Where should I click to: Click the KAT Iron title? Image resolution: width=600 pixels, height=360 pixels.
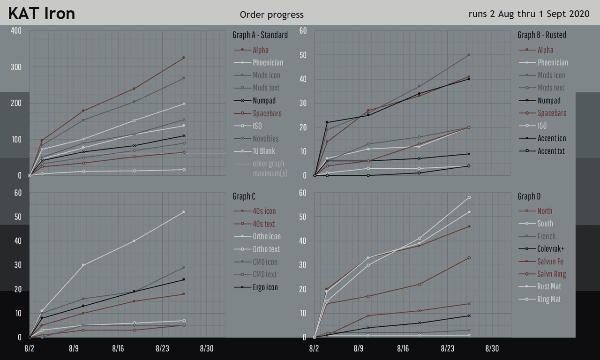click(42, 14)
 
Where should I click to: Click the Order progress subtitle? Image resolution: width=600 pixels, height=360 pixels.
click(271, 15)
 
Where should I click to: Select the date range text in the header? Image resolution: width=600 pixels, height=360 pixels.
click(529, 14)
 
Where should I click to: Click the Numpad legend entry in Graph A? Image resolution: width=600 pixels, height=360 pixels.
click(264, 100)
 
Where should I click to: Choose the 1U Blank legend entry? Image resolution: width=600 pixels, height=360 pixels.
click(264, 151)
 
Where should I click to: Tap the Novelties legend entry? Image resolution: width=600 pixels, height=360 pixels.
click(265, 138)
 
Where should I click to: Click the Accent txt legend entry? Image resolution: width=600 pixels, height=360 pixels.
click(551, 151)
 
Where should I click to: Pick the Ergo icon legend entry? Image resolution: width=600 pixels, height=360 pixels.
click(265, 287)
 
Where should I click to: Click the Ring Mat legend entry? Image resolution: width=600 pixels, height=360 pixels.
click(549, 299)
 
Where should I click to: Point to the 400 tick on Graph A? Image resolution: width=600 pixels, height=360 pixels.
click(16, 31)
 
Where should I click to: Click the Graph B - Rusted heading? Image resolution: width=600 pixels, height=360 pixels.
click(541, 35)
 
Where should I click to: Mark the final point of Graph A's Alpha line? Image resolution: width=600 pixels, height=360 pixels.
click(183, 58)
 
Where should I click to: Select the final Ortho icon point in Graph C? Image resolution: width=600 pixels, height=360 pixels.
click(183, 212)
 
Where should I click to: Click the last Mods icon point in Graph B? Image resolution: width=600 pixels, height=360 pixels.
click(468, 55)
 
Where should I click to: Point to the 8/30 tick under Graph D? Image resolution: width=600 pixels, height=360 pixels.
click(491, 349)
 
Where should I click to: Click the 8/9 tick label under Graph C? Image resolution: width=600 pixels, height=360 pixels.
click(74, 349)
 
